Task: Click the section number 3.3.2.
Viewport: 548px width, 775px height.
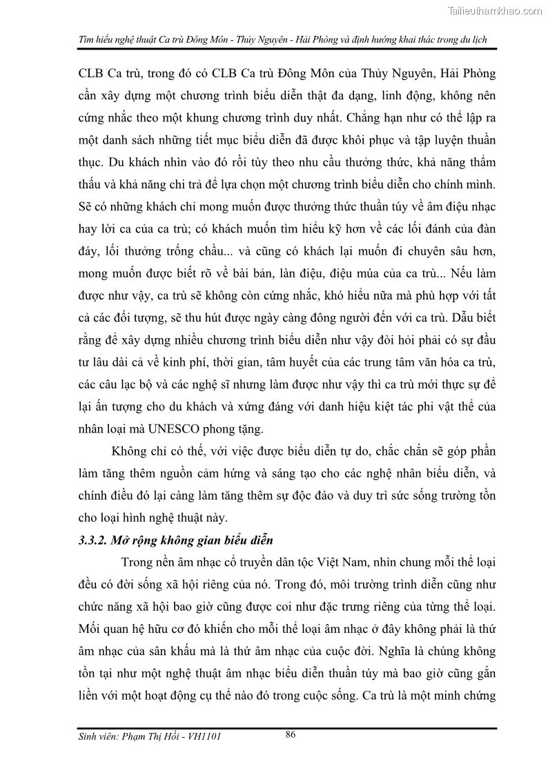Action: (x=92, y=540)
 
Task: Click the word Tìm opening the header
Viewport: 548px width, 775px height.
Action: (x=87, y=39)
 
